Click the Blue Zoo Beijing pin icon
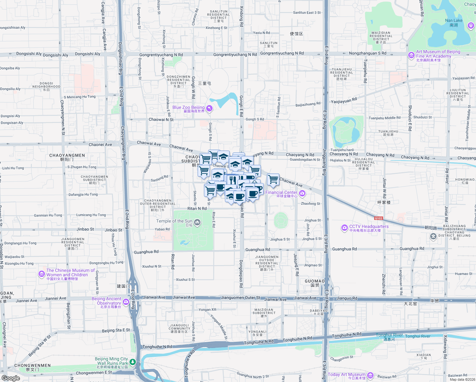[209, 109]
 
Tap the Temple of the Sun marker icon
[197, 222]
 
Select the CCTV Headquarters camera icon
[344, 228]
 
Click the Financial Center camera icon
[302, 193]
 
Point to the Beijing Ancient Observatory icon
[126, 302]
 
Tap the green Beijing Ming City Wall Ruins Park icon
[133, 362]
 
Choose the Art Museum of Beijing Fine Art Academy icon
[411, 55]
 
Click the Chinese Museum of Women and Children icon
[41, 274]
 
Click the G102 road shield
[378, 218]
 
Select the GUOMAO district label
[315, 281]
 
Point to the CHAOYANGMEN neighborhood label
[67, 155]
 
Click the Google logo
[10, 378]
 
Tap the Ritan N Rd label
[197, 209]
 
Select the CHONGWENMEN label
[32, 365]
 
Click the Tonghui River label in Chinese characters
[389, 339]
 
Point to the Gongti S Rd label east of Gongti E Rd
[255, 119]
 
